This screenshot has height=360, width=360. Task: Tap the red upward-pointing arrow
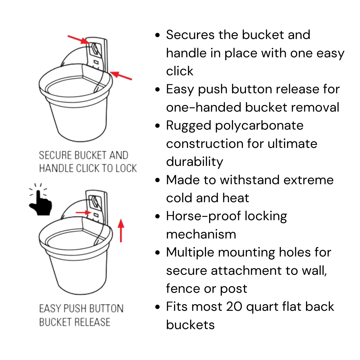121,230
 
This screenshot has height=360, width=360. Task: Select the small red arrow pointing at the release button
83,212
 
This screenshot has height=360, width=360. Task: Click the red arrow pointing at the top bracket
79,39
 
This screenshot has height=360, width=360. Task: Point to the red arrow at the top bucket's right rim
121,76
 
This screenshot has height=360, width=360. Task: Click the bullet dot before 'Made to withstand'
157,180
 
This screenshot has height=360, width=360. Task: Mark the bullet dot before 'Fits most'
157,307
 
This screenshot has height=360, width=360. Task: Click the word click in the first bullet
180,71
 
